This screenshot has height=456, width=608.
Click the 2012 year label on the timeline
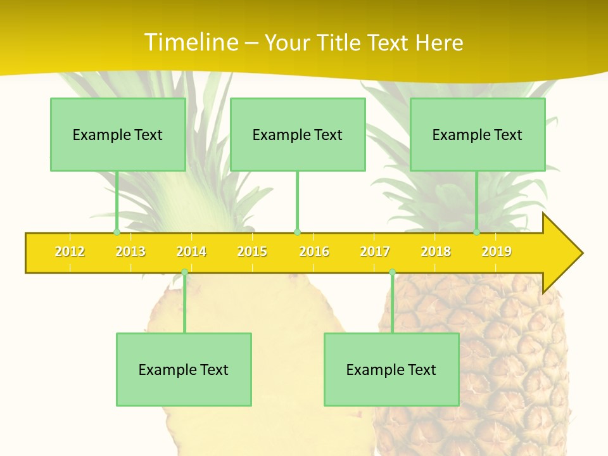point(70,252)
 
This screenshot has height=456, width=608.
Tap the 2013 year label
point(130,252)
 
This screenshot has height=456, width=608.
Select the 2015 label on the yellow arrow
point(252,252)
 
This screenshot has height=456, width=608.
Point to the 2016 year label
point(314,252)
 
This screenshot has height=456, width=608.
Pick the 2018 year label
point(436,252)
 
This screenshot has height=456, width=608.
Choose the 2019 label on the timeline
point(497,252)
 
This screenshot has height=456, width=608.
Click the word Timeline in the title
point(191,42)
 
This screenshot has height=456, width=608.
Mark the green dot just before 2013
point(117,232)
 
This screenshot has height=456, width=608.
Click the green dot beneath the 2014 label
point(184,272)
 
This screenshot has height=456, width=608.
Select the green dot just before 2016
point(297,232)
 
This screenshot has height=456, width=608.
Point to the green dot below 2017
point(392,272)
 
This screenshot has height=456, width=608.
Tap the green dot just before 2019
point(477,232)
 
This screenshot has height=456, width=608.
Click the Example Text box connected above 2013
point(118,134)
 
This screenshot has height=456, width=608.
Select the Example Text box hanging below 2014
point(184,369)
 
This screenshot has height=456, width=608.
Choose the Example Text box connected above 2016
point(298,134)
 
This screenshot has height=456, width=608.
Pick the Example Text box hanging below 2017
point(391,369)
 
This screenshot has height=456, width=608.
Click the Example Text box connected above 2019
point(478,134)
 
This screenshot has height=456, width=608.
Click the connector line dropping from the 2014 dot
point(184,304)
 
